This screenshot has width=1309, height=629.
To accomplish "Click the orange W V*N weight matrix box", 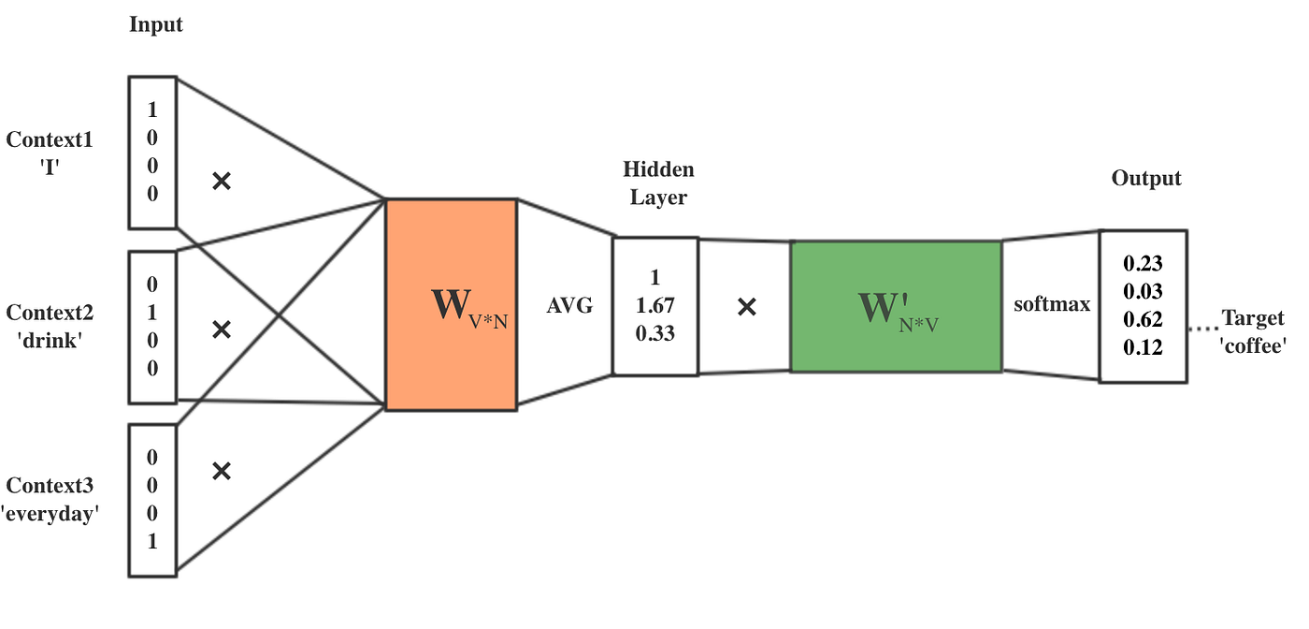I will [451, 304].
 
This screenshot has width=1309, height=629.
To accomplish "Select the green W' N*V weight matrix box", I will [895, 306].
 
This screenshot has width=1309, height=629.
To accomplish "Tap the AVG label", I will [569, 306].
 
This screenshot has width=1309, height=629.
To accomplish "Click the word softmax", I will [1052, 304].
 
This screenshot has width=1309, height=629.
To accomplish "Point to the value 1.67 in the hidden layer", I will [654, 305].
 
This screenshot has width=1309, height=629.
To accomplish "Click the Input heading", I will [156, 25].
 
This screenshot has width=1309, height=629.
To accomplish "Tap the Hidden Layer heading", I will [658, 183].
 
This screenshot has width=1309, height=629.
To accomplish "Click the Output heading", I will [1145, 178].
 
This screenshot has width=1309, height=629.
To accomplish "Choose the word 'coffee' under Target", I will [1253, 345].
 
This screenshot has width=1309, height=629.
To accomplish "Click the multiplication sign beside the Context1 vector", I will [222, 181].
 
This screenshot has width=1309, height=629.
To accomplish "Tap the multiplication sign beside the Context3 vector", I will [222, 470].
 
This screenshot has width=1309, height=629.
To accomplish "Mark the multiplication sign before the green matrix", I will [746, 306].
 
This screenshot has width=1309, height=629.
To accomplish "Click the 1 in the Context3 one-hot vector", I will [152, 541].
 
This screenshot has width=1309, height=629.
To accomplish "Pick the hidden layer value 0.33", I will [654, 332].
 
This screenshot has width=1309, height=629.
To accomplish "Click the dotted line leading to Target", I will [1204, 329].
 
